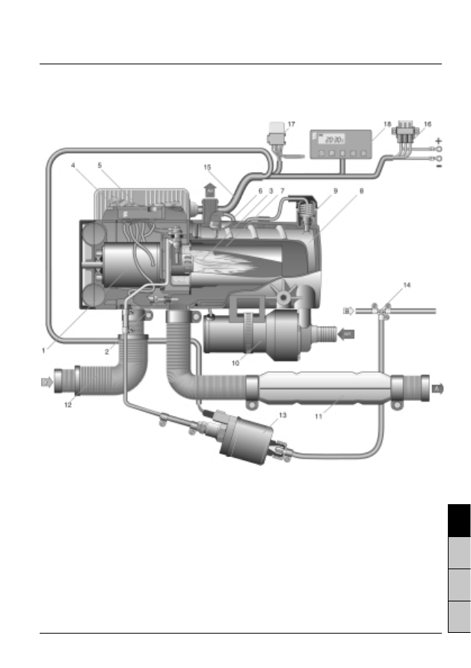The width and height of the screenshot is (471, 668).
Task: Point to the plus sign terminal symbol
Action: (x=439, y=141)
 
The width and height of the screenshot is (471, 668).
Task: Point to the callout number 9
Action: (x=336, y=191)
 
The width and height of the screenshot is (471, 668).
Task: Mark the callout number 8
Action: (x=363, y=191)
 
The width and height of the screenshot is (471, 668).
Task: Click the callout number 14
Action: (x=407, y=286)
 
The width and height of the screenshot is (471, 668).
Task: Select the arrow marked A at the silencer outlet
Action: (x=437, y=388)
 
